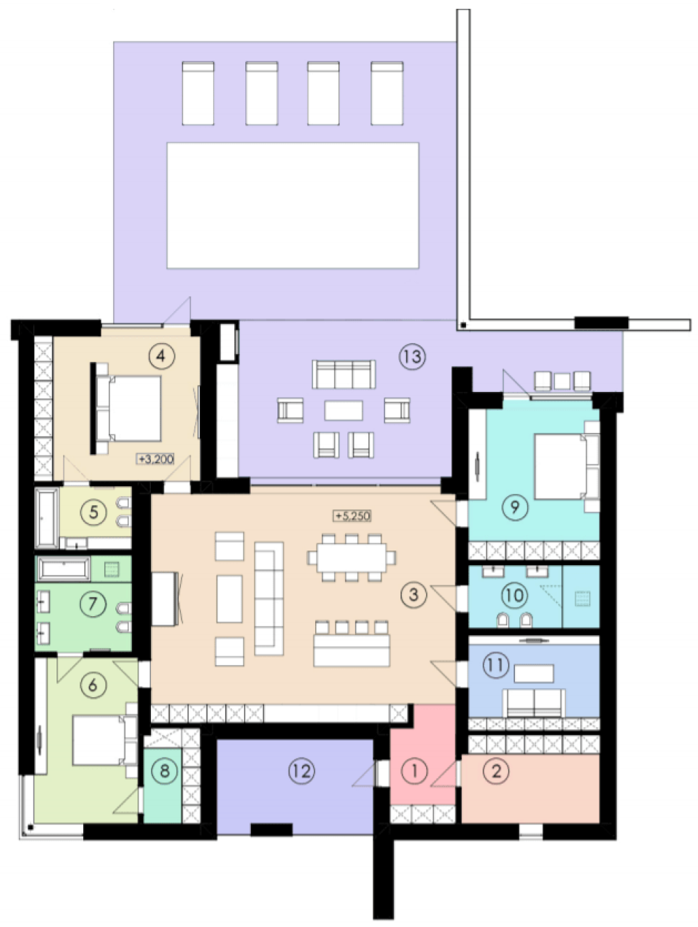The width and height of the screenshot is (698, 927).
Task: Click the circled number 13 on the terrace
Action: pyautogui.click(x=412, y=357)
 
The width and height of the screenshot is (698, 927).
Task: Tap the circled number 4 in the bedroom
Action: pyautogui.click(x=161, y=356)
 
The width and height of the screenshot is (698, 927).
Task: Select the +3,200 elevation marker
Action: pyautogui.click(x=156, y=459)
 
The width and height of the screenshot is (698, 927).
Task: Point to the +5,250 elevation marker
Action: pyautogui.click(x=353, y=516)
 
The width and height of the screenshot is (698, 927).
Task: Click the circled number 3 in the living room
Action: pyautogui.click(x=414, y=594)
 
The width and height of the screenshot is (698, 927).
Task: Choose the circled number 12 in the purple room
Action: pyautogui.click(x=302, y=771)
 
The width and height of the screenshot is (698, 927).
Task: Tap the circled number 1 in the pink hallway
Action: pyautogui.click(x=414, y=771)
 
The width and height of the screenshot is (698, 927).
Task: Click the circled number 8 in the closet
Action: pyautogui.click(x=164, y=771)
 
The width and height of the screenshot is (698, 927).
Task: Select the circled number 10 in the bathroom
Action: pyautogui.click(x=514, y=595)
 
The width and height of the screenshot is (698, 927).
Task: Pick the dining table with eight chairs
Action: pyautogui.click(x=351, y=557)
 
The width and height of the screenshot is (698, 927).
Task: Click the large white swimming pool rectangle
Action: pyautogui.click(x=293, y=205)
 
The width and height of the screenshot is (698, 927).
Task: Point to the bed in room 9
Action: pyautogui.click(x=567, y=466)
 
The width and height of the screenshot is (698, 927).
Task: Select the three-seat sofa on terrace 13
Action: pyautogui.click(x=344, y=374)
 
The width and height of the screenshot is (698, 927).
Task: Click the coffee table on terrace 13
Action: pyautogui.click(x=343, y=410)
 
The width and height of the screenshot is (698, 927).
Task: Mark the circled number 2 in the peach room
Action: pyautogui.click(x=496, y=771)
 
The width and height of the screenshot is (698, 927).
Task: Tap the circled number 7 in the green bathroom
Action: pyautogui.click(x=93, y=604)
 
